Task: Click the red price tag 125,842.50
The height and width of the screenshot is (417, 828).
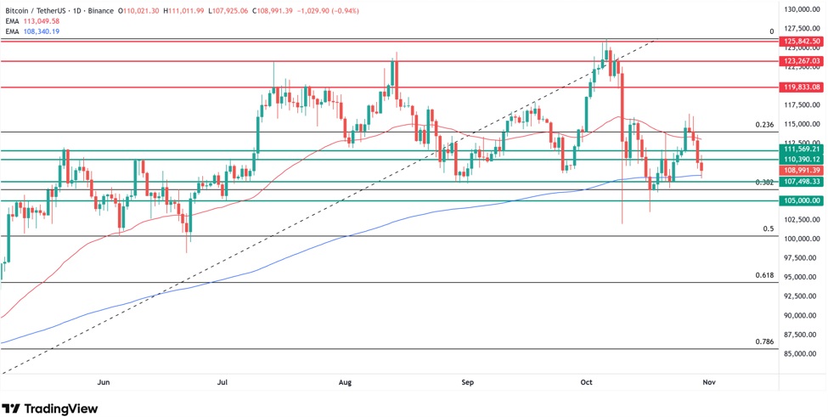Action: (x=803, y=41)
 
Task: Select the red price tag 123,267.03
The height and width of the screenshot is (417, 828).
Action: (x=803, y=61)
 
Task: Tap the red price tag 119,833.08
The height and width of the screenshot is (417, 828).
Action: (x=803, y=87)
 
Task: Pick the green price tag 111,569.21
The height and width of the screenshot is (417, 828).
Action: (x=803, y=149)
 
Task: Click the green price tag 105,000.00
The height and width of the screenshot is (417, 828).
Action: (x=803, y=200)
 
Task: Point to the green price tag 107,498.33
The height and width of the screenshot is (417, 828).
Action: (x=803, y=182)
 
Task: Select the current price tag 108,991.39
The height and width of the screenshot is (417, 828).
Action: (x=803, y=171)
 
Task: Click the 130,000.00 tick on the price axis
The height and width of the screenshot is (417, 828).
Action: (x=803, y=9)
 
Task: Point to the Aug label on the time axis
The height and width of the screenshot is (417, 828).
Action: (x=345, y=383)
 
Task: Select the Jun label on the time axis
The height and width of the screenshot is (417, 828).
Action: (x=104, y=383)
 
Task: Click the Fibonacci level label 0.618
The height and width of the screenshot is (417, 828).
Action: (x=764, y=276)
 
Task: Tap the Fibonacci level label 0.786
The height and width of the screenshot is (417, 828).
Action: (x=764, y=341)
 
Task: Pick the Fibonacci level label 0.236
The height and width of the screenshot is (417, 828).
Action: (x=764, y=125)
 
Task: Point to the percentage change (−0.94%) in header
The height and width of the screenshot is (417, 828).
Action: (x=341, y=11)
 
